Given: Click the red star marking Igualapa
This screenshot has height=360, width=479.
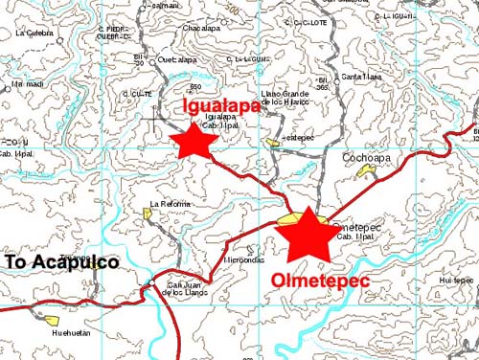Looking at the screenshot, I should tap(195, 142).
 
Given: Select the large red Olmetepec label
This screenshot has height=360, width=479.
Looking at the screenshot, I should tap(321, 281).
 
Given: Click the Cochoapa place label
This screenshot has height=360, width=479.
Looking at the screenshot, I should tap(364, 156).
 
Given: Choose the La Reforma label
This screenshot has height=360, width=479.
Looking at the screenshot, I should tap(171, 204).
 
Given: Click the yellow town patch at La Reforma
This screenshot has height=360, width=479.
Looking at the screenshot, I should tap(149, 214).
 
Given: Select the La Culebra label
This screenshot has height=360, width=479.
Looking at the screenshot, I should tap(34, 33).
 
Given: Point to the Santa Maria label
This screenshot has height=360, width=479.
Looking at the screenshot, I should tap(362, 77).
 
